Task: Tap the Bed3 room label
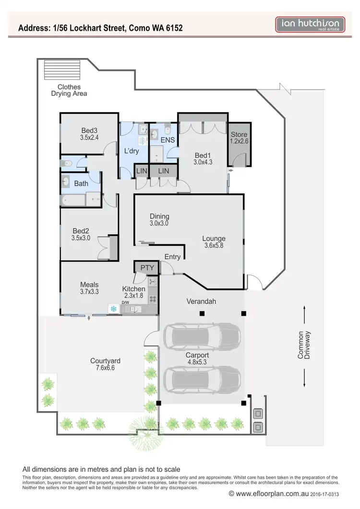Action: [x=89, y=130]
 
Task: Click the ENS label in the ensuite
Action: [x=167, y=141]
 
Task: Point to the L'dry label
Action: [x=131, y=151]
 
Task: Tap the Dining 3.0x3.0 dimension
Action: [x=159, y=223]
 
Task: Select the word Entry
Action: [x=172, y=257]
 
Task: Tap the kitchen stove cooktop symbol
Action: [x=153, y=298]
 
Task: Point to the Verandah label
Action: [x=202, y=302]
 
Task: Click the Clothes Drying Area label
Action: [x=69, y=90]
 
